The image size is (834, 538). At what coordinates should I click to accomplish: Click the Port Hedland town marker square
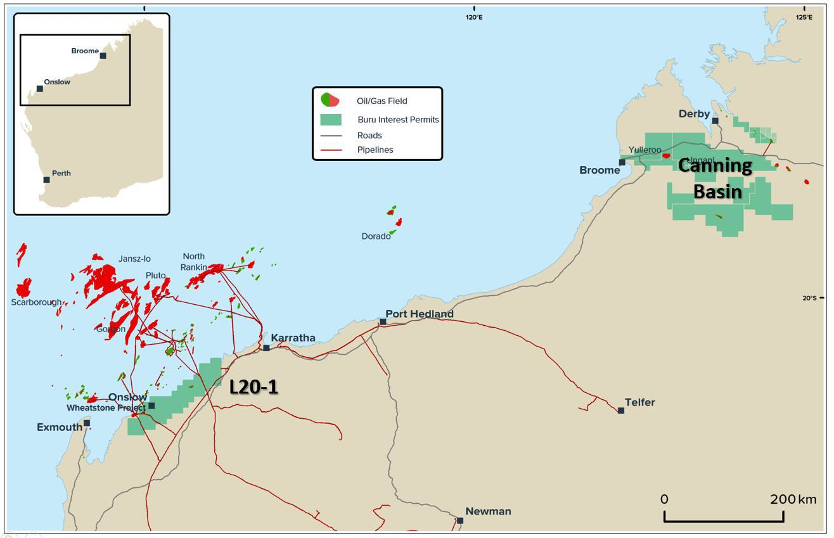pyautogui.click(x=383, y=322)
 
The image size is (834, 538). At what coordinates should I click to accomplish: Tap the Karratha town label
pyautogui.click(x=293, y=338)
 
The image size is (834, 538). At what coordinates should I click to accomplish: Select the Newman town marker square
pyautogui.click(x=460, y=521)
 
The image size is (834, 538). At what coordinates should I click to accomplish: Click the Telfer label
pyautogui.click(x=639, y=402)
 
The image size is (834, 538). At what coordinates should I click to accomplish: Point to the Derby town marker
pyautogui.click(x=715, y=120)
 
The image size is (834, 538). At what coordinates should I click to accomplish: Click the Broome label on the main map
pyautogui.click(x=600, y=170)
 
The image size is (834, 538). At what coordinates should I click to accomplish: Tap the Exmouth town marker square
pyautogui.click(x=87, y=423)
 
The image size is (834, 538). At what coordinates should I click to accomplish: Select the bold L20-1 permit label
pyautogui.click(x=253, y=387)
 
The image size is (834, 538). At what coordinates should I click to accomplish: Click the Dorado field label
pyautogui.click(x=376, y=236)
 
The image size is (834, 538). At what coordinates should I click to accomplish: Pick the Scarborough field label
pyautogui.click(x=36, y=302)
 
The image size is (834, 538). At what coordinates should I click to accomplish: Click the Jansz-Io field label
pyautogui.click(x=134, y=259)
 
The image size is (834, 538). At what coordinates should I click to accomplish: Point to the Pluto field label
pyautogui.click(x=155, y=276)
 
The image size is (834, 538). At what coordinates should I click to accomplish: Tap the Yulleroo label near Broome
pyautogui.click(x=645, y=150)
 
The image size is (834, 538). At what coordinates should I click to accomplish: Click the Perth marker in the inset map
pyautogui.click(x=46, y=180)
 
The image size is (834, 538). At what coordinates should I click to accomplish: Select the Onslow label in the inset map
pyautogui.click(x=57, y=82)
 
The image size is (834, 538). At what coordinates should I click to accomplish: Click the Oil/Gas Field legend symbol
pyautogui.click(x=330, y=100)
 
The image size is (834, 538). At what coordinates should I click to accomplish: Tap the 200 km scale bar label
pyautogui.click(x=793, y=499)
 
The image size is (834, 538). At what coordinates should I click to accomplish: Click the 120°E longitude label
pyautogui.click(x=473, y=17)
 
